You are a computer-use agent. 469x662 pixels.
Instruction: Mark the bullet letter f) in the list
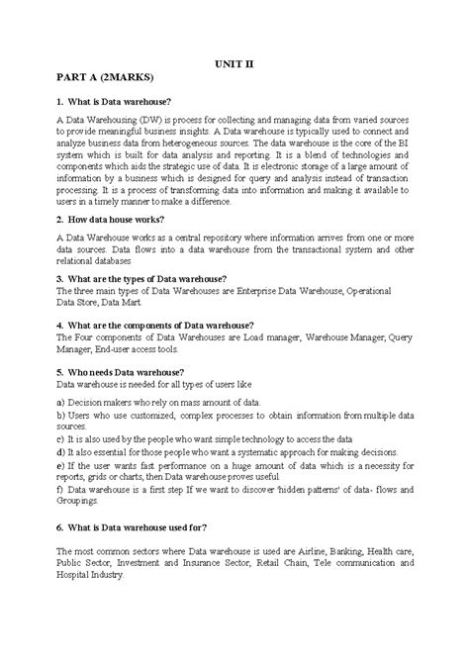(60, 489)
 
